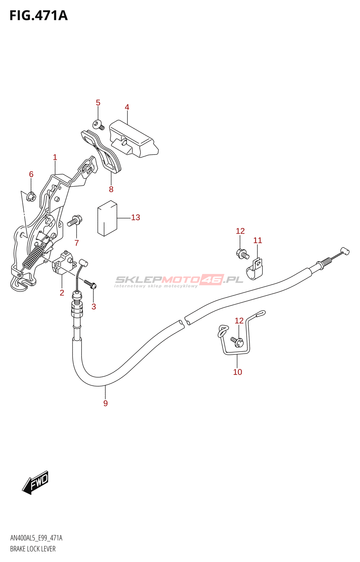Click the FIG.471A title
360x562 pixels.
click(x=38, y=16)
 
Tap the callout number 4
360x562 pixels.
click(x=127, y=107)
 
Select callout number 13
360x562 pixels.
click(x=135, y=218)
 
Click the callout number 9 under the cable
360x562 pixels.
click(x=105, y=403)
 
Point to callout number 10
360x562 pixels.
click(x=238, y=372)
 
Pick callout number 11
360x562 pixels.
click(x=258, y=241)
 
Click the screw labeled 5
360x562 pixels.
click(x=98, y=125)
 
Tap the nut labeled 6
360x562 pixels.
click(x=31, y=197)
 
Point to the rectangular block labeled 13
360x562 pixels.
click(x=107, y=218)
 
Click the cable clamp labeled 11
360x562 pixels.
click(x=255, y=270)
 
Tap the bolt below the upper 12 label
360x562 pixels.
click(x=242, y=254)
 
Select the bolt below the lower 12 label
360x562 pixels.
click(x=237, y=341)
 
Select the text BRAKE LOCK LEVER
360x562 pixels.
click(x=33, y=549)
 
